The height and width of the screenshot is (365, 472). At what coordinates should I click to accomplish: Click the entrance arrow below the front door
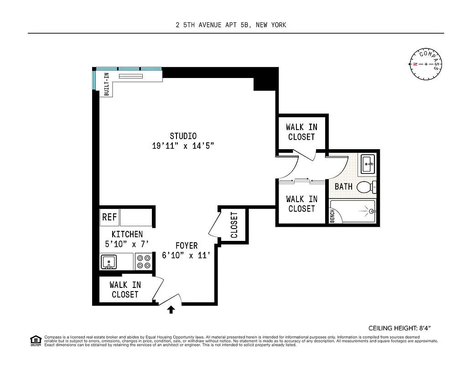pos(171,310)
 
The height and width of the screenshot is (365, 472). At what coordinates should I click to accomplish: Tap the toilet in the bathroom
pos(365,187)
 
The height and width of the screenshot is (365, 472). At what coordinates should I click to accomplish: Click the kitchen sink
pos(109,262)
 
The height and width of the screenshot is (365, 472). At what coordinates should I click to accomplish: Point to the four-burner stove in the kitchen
pos(144,261)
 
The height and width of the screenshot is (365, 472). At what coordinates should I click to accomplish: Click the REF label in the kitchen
pos(109,218)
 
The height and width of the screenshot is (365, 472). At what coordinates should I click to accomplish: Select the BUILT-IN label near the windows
pos(106,84)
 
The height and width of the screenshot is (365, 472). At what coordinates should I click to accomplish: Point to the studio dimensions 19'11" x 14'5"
pos(183,146)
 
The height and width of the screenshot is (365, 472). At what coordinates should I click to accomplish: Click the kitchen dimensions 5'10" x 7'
pos(127,244)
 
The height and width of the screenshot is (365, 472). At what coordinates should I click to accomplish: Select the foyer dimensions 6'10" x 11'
pos(186,255)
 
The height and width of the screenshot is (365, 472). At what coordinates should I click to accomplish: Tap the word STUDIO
pos(183,136)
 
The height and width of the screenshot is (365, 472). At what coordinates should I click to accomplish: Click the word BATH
pos(343,187)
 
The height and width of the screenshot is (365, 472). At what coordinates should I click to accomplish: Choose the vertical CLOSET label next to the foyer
pos(234,225)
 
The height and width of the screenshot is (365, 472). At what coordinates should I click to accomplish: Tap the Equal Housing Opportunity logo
pos(35,340)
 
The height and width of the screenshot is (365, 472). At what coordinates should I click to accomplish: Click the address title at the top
pos(231,25)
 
